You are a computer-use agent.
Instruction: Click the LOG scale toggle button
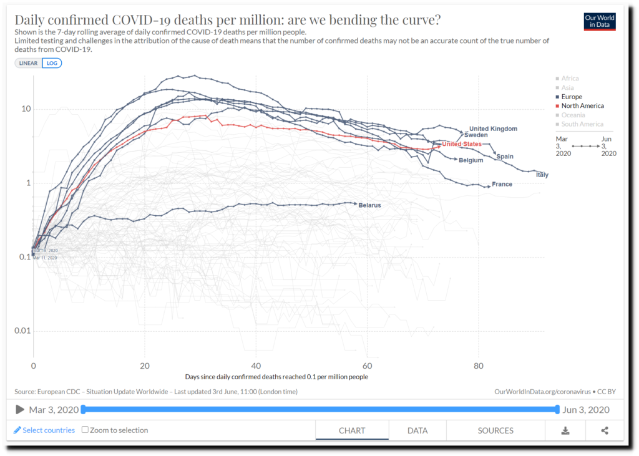click(x=52, y=63)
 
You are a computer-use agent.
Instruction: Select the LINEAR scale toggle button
click(x=29, y=63)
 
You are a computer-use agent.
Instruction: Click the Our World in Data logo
click(x=599, y=21)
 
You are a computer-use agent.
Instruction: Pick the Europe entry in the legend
click(x=571, y=97)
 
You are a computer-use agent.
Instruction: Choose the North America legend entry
click(x=582, y=106)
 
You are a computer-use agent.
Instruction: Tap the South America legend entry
click(x=582, y=124)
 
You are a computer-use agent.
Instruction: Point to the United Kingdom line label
click(x=493, y=129)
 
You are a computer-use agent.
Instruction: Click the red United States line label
click(x=462, y=144)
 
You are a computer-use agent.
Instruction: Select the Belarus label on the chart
click(x=369, y=205)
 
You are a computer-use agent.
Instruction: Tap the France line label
click(x=502, y=185)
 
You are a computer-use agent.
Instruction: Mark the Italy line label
click(x=542, y=175)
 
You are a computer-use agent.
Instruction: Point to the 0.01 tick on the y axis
click(x=22, y=331)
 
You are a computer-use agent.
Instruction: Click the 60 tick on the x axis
click(x=367, y=366)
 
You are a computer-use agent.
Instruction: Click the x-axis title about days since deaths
click(x=276, y=377)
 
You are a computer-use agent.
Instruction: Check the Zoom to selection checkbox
click(x=85, y=430)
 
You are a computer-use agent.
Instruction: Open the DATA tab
click(x=417, y=430)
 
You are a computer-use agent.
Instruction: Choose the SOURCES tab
click(x=495, y=430)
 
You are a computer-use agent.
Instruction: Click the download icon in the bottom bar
click(x=565, y=430)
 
